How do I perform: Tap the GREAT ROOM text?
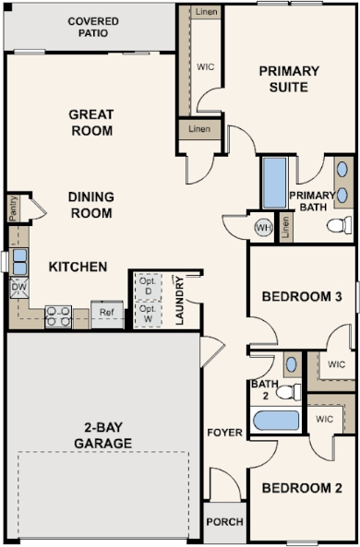[x=90, y=123]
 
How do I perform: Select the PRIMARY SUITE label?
[x=288, y=79]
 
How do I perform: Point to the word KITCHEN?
[x=78, y=268]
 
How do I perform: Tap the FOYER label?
[x=224, y=406]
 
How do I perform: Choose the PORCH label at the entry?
[x=224, y=522]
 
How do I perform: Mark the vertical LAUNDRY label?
[x=180, y=301]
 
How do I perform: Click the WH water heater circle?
[x=262, y=227]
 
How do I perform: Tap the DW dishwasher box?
[x=18, y=289]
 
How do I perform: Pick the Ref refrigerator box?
[x=107, y=314]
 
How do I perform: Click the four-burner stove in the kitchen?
[x=59, y=316]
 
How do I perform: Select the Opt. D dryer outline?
[x=147, y=286]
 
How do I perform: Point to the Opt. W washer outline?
[x=147, y=314]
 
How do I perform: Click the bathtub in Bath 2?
[x=275, y=421]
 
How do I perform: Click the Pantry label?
[x=13, y=208]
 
